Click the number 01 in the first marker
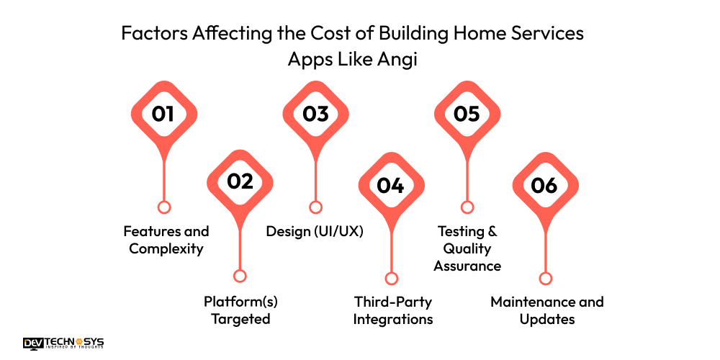[163, 114]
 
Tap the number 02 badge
[240, 181]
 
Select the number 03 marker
[315, 114]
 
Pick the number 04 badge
[391, 185]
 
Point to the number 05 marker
[467, 114]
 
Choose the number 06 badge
[545, 185]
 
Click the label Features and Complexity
[166, 240]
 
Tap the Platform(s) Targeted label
[240, 310]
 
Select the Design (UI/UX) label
[314, 231]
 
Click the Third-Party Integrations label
[392, 310]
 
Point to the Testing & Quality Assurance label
[467, 248]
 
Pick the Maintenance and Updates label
[546, 310]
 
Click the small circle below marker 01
[163, 207]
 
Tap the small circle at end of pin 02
[240, 276]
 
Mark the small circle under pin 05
[467, 207]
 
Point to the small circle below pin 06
[545, 279]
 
